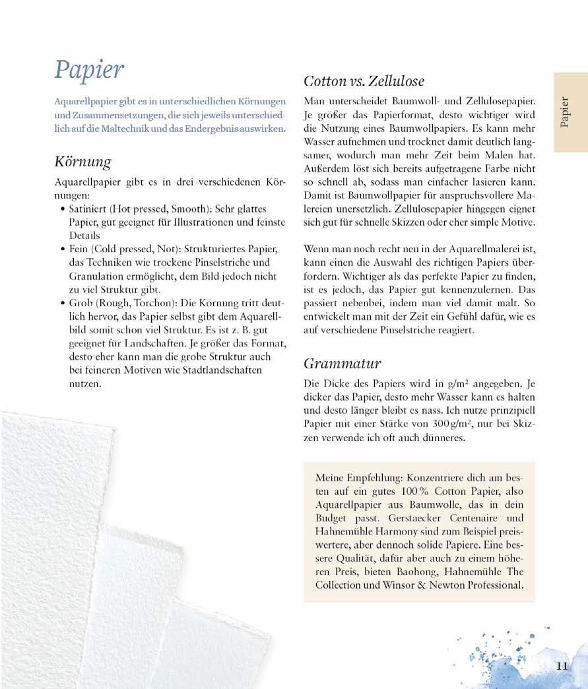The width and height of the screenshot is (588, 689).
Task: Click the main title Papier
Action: pos(89,70)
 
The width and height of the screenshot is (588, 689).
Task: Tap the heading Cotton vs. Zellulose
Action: pos(364,81)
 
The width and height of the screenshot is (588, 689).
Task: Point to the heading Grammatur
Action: pos(342,363)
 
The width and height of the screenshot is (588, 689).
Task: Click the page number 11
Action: pos(562,666)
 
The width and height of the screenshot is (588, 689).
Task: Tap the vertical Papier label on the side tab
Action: pos(566,112)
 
